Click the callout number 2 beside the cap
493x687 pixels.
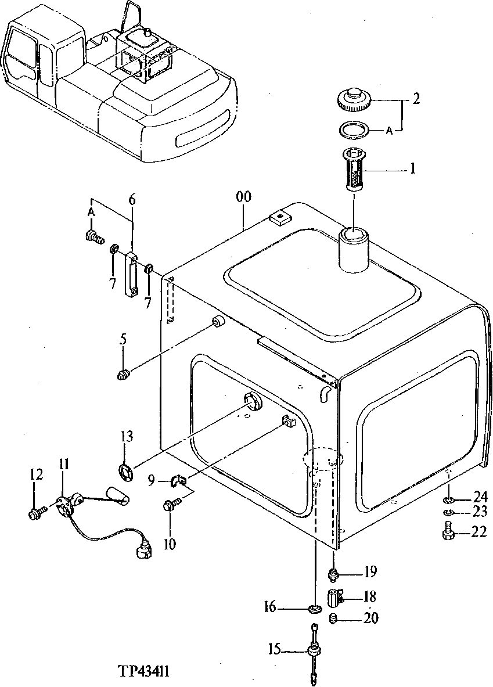416,99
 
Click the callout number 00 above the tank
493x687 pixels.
244,197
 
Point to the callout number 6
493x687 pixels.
132,199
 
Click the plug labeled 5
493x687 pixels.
123,375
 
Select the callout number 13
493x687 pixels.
127,437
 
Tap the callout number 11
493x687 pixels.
64,464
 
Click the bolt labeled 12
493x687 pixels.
35,512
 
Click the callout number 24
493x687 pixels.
479,497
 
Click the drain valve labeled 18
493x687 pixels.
334,597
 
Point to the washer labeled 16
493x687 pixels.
315,609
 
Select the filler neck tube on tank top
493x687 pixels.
354,250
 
